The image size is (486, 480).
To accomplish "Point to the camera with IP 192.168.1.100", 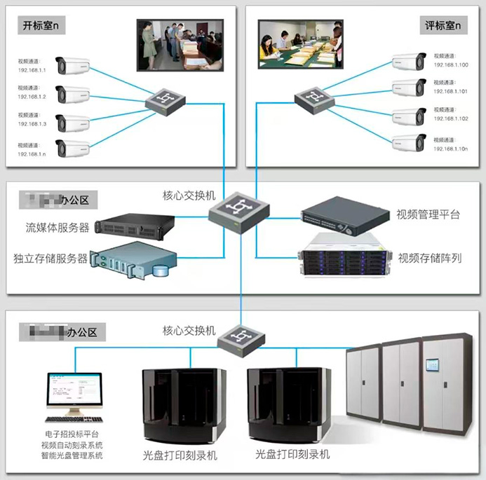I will (409, 61).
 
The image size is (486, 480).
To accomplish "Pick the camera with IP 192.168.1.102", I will (409, 116).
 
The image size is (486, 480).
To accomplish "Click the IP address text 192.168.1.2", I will (32, 97).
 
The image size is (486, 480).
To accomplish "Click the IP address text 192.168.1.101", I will (452, 91).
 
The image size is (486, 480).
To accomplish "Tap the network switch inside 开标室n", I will (166, 100).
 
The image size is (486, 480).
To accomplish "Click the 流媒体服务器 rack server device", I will (135, 224).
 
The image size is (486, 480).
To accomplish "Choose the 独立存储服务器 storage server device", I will (135, 261).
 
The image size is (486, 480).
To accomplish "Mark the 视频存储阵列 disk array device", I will (342, 256).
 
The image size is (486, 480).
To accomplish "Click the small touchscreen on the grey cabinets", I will (433, 365).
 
